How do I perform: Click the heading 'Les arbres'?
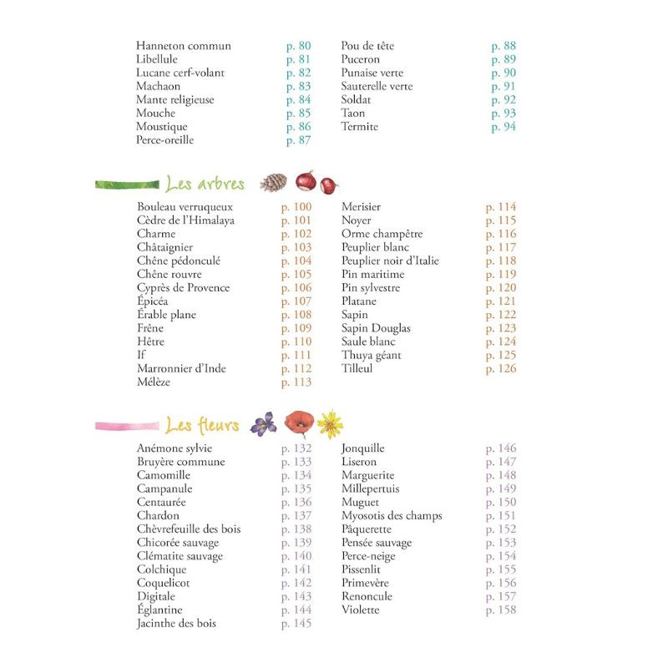(x=205, y=184)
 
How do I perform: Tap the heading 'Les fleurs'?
(x=202, y=426)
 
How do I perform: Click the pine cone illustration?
(x=273, y=183)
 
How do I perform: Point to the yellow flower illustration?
(x=331, y=424)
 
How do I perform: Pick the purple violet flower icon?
(x=264, y=424)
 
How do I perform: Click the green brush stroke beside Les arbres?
(x=128, y=184)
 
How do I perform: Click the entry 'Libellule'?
(x=158, y=59)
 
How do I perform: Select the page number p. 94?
(x=504, y=127)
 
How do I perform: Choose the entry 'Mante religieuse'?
(x=175, y=99)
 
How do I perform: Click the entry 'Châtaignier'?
(x=165, y=247)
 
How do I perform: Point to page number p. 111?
(x=296, y=355)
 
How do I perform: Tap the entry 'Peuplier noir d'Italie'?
(x=390, y=261)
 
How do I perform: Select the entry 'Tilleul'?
(x=357, y=368)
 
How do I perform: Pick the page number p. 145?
(x=296, y=623)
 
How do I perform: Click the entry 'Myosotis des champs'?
(x=392, y=516)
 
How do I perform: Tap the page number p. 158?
(x=501, y=610)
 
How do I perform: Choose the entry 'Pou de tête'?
(x=367, y=46)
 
